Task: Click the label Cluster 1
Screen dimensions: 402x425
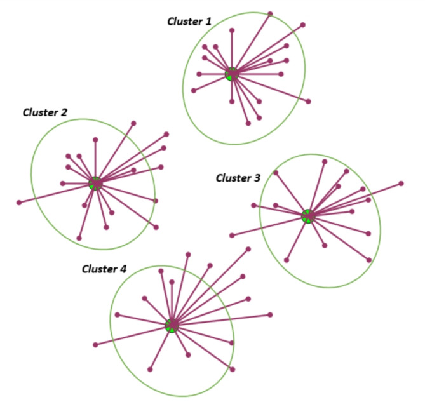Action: pos(189,21)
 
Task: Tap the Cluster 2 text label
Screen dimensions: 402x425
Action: pos(44,112)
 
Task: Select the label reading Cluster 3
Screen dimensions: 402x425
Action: pos(238,178)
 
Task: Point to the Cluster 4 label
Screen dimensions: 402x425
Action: pos(104,269)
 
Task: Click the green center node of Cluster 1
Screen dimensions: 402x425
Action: pos(232,74)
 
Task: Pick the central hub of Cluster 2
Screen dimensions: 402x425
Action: pos(95,184)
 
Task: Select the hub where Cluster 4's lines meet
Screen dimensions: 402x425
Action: pos(171,325)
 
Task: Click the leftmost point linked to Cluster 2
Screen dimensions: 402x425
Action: pos(19,203)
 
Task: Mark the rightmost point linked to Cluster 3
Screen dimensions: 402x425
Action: pos(401,184)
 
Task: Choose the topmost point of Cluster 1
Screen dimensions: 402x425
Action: pos(271,13)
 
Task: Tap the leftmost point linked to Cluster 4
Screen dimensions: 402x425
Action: pos(95,345)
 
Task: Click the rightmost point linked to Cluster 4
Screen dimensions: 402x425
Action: pos(271,314)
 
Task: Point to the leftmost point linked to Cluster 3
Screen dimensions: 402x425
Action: pos(232,236)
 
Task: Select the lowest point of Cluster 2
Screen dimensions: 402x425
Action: pos(79,238)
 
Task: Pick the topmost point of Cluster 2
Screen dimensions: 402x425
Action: pos(133,123)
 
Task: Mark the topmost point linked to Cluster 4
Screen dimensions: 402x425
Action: pos(248,248)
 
